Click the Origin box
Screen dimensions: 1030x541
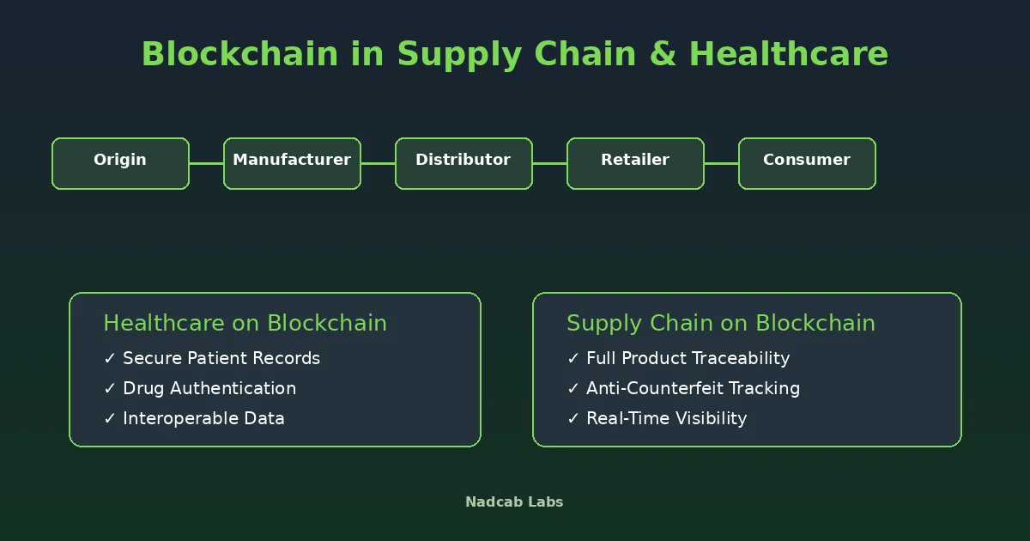click(120, 163)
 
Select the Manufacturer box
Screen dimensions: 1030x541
click(292, 163)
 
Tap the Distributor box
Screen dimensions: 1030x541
click(463, 163)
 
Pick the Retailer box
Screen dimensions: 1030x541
click(635, 163)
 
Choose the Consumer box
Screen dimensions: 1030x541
click(807, 163)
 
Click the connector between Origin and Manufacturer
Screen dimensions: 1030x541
click(207, 163)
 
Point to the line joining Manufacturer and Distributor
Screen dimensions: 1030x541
click(378, 163)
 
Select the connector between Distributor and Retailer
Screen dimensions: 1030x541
click(549, 163)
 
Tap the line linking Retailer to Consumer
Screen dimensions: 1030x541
click(721, 163)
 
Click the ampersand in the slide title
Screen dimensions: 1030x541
click(663, 54)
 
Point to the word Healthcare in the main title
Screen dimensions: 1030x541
click(789, 53)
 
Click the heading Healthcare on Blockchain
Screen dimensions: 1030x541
click(245, 323)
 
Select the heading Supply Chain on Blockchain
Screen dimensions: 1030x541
click(720, 324)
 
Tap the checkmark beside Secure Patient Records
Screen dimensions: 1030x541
click(110, 358)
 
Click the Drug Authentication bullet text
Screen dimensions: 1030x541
click(209, 388)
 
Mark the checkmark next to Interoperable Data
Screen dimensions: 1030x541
click(110, 418)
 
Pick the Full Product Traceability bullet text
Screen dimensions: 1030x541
click(688, 358)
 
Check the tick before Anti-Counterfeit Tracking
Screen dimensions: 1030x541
click(573, 388)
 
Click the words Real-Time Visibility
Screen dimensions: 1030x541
click(666, 419)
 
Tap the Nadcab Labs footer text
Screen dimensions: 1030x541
click(514, 501)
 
